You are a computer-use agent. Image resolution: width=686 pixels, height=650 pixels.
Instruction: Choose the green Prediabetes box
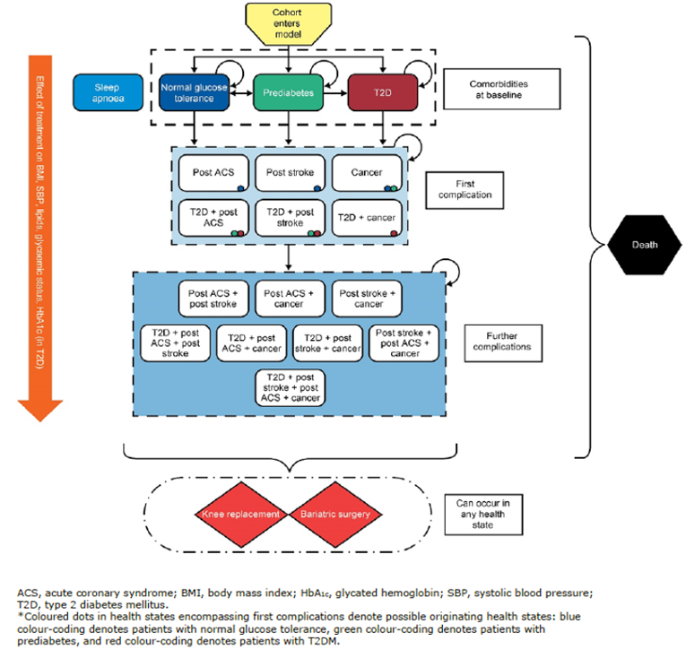click(288, 92)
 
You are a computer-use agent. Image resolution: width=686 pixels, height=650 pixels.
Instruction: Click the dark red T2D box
click(384, 92)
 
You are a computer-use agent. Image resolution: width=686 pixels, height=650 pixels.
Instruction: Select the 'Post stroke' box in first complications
click(288, 173)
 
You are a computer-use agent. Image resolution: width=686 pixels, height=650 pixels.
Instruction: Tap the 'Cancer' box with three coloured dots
click(366, 173)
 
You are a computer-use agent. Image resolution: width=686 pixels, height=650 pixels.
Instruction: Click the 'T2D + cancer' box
click(366, 218)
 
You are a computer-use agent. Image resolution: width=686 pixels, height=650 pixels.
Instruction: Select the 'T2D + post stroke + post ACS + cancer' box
click(290, 387)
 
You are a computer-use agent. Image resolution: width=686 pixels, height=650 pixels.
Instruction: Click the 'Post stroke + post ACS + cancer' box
click(404, 342)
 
